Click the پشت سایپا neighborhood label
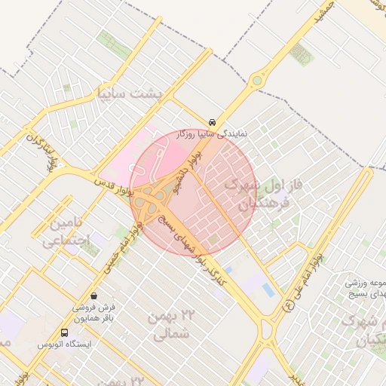[x=129, y=93]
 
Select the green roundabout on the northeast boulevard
[x=259, y=80]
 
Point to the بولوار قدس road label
[x=113, y=188]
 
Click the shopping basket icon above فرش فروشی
[x=93, y=296]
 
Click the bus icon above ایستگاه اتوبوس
[x=64, y=332]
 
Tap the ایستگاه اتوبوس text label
[x=64, y=344]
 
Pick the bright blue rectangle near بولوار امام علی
[x=268, y=289]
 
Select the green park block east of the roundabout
[x=301, y=54]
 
